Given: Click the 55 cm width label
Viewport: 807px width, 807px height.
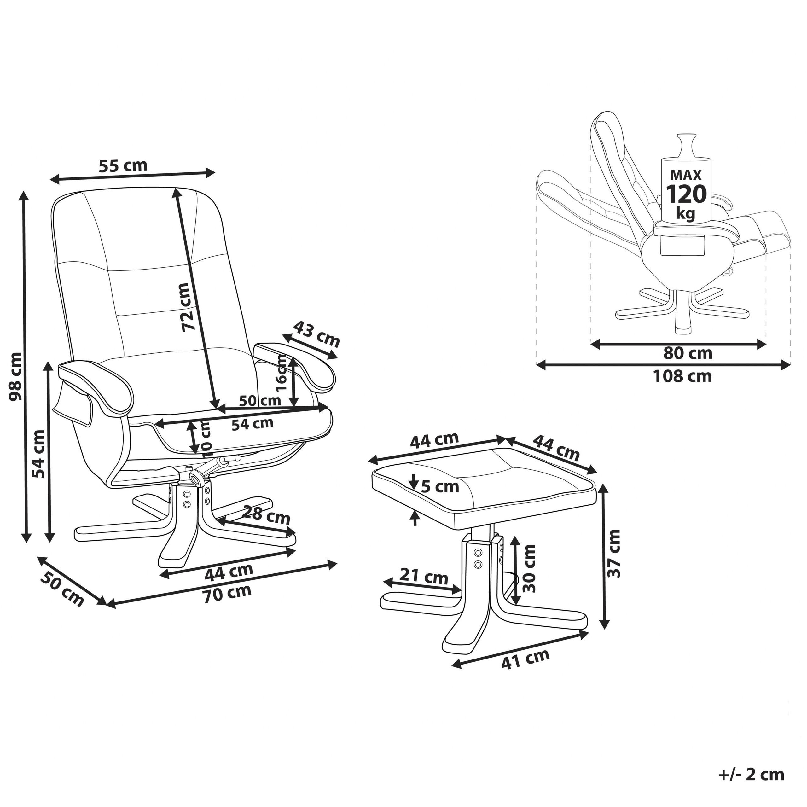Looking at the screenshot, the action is (123, 165).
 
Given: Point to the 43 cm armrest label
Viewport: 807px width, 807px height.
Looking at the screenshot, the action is (316, 334).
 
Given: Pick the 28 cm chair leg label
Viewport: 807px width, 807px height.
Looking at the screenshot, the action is (266, 514).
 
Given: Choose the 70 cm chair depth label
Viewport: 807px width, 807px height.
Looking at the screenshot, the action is (228, 594).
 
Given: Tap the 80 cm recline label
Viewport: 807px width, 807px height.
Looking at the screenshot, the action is (688, 353).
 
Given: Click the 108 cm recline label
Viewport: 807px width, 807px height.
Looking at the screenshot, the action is (682, 376).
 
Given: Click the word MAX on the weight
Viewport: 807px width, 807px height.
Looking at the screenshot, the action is (686, 175).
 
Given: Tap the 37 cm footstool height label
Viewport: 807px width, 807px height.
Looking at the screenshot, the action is (614, 554).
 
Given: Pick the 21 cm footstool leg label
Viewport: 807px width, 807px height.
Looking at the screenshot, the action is (424, 577).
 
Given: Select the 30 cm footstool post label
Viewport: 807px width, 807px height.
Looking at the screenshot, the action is (529, 568).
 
